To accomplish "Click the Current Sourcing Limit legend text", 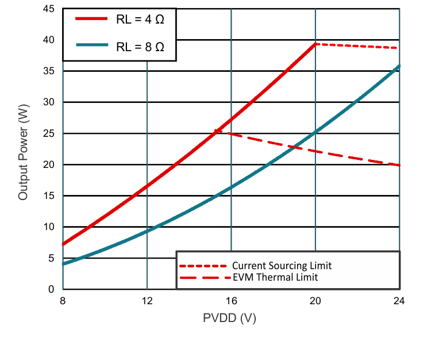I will tap(282, 266).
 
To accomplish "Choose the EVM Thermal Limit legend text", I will tap(275, 277).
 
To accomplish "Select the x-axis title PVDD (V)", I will tap(229, 317).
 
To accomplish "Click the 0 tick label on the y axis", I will tap(51, 289).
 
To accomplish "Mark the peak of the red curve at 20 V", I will tap(315, 44).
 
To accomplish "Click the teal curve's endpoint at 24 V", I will tap(399, 66).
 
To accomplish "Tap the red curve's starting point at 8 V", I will tap(63, 244).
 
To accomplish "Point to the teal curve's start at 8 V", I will tap(63, 264).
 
